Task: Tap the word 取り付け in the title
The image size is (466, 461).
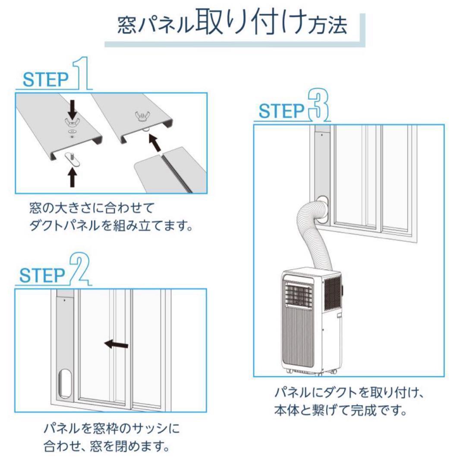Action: click(x=252, y=24)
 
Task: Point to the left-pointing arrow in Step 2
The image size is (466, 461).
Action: click(x=116, y=344)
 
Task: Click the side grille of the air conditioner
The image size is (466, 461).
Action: click(x=332, y=293)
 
